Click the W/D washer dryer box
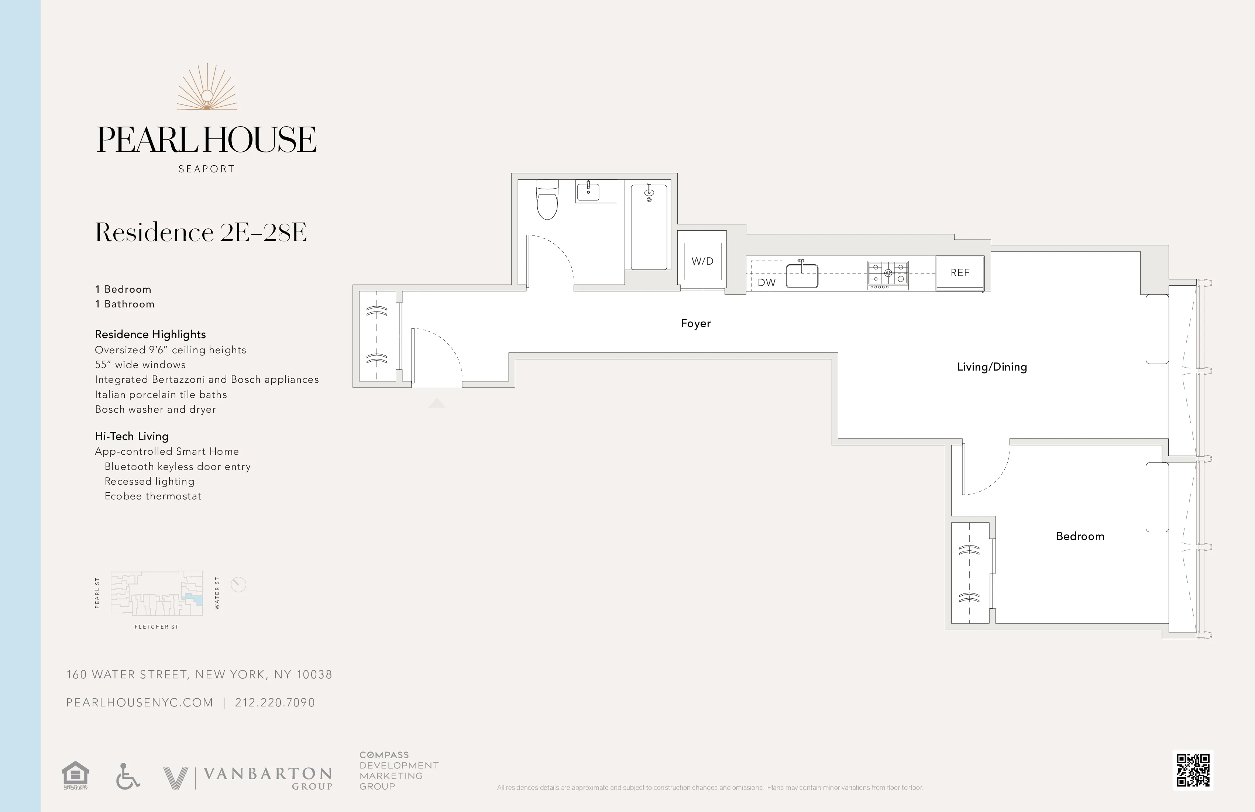pyautogui.click(x=702, y=261)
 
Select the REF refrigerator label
pyautogui.click(x=960, y=273)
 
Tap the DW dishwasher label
pyautogui.click(x=766, y=282)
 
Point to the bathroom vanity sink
pyautogui.click(x=588, y=191)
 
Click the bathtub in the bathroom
pyautogui.click(x=649, y=227)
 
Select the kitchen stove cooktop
pyautogui.click(x=888, y=274)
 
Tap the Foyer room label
pyautogui.click(x=695, y=323)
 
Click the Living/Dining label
pyautogui.click(x=992, y=367)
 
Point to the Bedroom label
pyautogui.click(x=1080, y=536)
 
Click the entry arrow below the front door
pyautogui.click(x=437, y=403)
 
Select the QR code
pyautogui.click(x=1193, y=770)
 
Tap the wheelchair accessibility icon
pyautogui.click(x=128, y=776)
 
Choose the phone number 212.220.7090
pyautogui.click(x=275, y=703)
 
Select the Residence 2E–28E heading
pyautogui.click(x=201, y=233)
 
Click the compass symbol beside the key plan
pyautogui.click(x=238, y=584)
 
